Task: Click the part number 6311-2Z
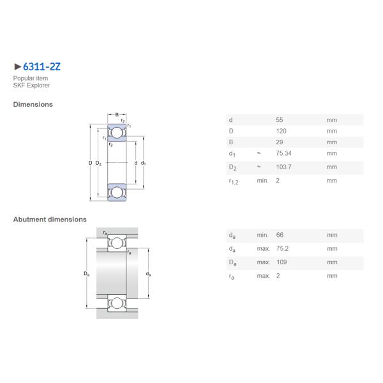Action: pyautogui.click(x=41, y=66)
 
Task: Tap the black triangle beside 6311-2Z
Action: pyautogui.click(x=18, y=66)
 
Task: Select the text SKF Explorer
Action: pyautogui.click(x=31, y=86)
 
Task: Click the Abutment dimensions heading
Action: pyautogui.click(x=50, y=220)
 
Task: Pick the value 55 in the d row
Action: pyautogui.click(x=280, y=120)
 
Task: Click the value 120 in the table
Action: pyautogui.click(x=281, y=131)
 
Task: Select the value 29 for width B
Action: pyautogui.click(x=280, y=142)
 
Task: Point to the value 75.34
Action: pyautogui.click(x=283, y=153)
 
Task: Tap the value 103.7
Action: pyautogui.click(x=283, y=167)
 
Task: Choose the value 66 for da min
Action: pyautogui.click(x=280, y=235)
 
